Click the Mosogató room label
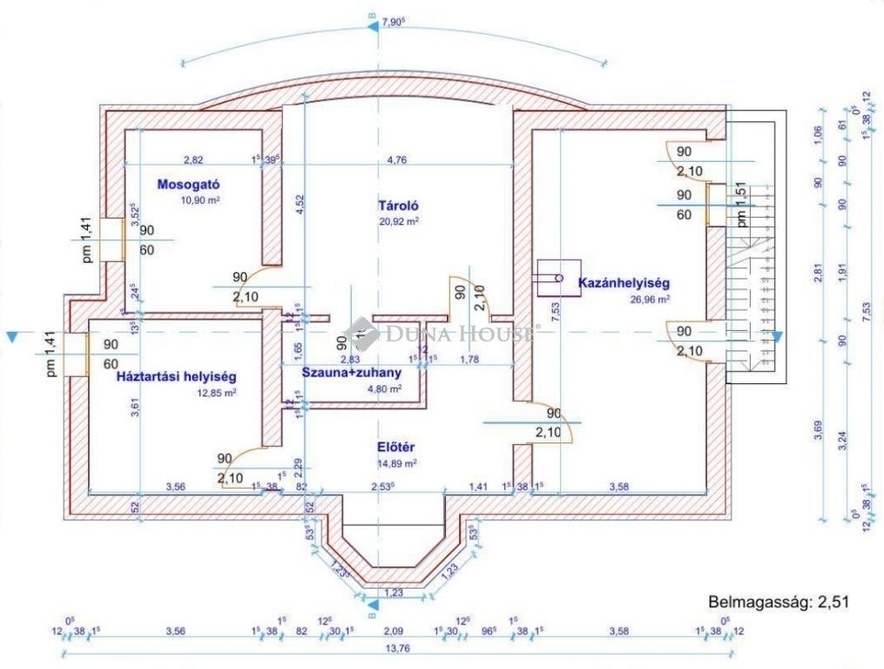tap(187, 185)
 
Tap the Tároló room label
tap(399, 206)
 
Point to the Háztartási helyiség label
tap(177, 377)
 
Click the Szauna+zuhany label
tap(351, 373)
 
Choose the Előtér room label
tap(395, 448)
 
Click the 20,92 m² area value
tap(399, 222)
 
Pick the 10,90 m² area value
tap(199, 200)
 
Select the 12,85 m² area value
tap(217, 393)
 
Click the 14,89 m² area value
tap(396, 463)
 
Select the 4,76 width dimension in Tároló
tap(396, 159)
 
